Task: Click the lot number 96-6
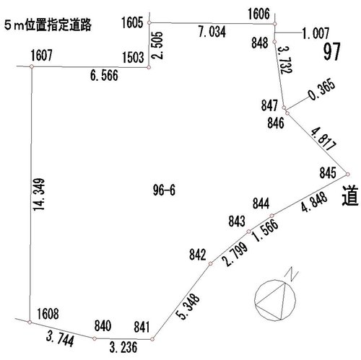(164, 190)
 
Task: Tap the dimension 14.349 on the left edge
(39, 194)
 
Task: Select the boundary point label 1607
(41, 55)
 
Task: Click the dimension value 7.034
(212, 32)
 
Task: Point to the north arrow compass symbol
(275, 299)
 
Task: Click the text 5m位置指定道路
(48, 25)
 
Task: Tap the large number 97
(332, 51)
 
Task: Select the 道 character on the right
(350, 196)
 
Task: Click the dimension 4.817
(323, 139)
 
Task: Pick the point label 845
(328, 173)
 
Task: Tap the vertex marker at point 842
(210, 263)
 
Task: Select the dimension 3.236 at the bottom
(123, 347)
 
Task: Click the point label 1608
(48, 314)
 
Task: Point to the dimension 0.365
(322, 89)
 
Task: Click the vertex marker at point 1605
(149, 22)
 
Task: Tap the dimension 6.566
(104, 75)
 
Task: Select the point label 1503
(133, 58)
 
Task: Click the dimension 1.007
(316, 33)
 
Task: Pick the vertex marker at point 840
(95, 338)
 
